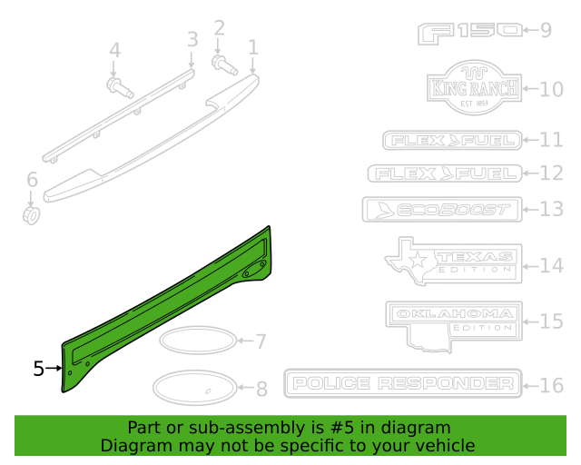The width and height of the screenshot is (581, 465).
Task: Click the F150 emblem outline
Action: coord(470,32)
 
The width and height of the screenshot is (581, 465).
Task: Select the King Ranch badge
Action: coord(473,89)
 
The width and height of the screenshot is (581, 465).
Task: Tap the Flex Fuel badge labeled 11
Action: coord(451,140)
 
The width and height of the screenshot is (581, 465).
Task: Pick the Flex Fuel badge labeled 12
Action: coord(445,173)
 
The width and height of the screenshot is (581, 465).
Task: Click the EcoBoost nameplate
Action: coord(440,210)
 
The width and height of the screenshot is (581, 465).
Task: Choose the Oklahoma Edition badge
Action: coord(452,322)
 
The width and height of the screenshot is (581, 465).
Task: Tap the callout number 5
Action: coord(38,369)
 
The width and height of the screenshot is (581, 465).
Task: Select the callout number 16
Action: coord(552,385)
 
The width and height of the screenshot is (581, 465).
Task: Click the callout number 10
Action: coord(552,89)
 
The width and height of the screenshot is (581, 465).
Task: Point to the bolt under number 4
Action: coord(119,88)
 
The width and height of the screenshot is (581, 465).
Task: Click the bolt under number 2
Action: coord(222,64)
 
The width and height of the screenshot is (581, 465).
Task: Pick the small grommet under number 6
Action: coord(32,215)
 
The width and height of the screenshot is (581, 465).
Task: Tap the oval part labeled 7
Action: coord(195,341)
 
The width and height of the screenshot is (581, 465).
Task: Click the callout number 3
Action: coord(192,39)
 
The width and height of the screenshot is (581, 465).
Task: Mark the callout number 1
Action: coord(252,46)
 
